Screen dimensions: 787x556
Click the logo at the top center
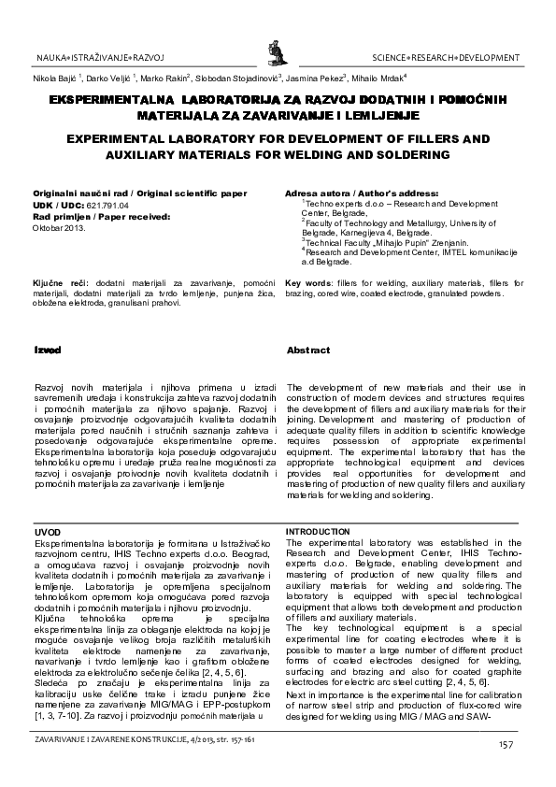pos(277,45)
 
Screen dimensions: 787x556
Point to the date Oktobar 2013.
pos(59,226)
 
